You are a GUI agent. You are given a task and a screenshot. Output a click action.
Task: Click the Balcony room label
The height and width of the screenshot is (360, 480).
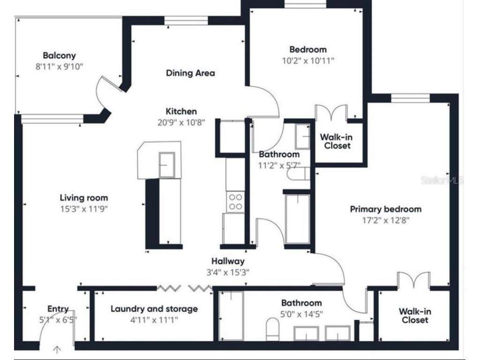click(59, 55)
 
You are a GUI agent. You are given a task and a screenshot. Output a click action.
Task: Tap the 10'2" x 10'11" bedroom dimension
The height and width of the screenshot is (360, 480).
click(308, 60)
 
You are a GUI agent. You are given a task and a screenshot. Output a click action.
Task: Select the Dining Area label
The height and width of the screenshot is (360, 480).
click(190, 73)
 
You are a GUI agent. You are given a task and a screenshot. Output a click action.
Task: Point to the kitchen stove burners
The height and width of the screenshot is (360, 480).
click(236, 202)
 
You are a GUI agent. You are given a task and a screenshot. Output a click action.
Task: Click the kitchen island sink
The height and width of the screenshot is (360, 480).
click(167, 165)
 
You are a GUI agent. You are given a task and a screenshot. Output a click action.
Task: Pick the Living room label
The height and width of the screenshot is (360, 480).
click(84, 198)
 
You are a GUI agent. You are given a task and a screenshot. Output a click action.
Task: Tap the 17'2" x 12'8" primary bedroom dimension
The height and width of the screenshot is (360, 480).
click(386, 220)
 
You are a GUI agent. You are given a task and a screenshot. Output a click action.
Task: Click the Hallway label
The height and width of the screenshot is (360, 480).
click(228, 261)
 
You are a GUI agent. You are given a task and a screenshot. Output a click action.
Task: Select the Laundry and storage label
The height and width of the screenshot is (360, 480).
click(154, 309)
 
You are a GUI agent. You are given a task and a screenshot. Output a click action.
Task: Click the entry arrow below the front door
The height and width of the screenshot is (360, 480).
click(57, 349)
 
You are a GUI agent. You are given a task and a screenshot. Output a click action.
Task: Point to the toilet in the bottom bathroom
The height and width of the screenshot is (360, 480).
click(272, 329)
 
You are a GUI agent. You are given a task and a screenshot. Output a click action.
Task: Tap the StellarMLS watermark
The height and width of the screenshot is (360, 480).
click(442, 180)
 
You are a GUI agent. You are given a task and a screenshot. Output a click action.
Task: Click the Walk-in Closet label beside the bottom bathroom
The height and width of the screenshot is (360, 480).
click(415, 316)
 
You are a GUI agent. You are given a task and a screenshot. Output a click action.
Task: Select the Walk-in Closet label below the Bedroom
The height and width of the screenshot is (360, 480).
click(337, 141)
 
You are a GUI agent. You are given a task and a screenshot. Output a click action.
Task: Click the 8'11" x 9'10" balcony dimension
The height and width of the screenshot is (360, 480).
click(59, 67)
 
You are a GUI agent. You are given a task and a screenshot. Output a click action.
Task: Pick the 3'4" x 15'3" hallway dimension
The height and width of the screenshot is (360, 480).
click(228, 272)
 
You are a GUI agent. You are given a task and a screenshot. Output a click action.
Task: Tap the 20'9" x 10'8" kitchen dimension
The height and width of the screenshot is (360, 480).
click(181, 122)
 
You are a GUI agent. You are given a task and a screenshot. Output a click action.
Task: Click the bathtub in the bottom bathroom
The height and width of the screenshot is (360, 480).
click(231, 315)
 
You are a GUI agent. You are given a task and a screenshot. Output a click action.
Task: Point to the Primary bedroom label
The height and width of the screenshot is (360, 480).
click(386, 209)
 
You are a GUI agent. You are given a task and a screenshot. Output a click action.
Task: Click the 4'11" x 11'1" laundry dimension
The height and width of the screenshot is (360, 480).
click(154, 320)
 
